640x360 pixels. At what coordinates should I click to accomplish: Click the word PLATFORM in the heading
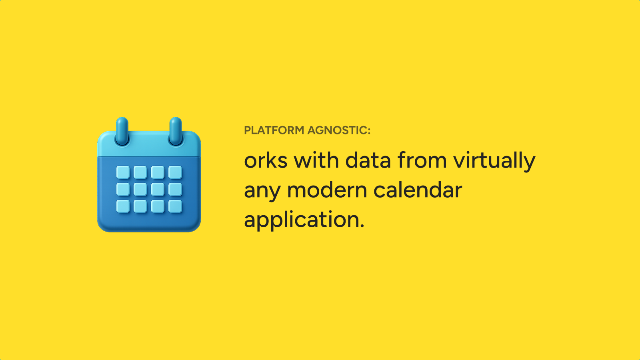[x=274, y=130]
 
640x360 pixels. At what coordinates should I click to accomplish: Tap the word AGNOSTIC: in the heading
[x=339, y=130]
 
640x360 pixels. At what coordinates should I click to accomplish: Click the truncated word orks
[x=266, y=160]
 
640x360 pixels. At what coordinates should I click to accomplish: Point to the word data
[x=368, y=160]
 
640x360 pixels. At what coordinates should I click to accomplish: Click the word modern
[x=327, y=190]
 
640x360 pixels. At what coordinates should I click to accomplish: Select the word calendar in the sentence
[x=418, y=190]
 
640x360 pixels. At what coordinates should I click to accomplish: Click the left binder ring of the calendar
[x=122, y=131]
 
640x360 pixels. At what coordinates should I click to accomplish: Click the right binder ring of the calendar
[x=176, y=131]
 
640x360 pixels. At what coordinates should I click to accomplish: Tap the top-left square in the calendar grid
[x=123, y=172]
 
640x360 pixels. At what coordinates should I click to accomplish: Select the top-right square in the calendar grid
[x=175, y=172]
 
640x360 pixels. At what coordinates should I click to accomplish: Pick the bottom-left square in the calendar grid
[x=123, y=206]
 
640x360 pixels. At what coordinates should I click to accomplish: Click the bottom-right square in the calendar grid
[x=175, y=206]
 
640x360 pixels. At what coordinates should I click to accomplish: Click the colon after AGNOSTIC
[x=369, y=131]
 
